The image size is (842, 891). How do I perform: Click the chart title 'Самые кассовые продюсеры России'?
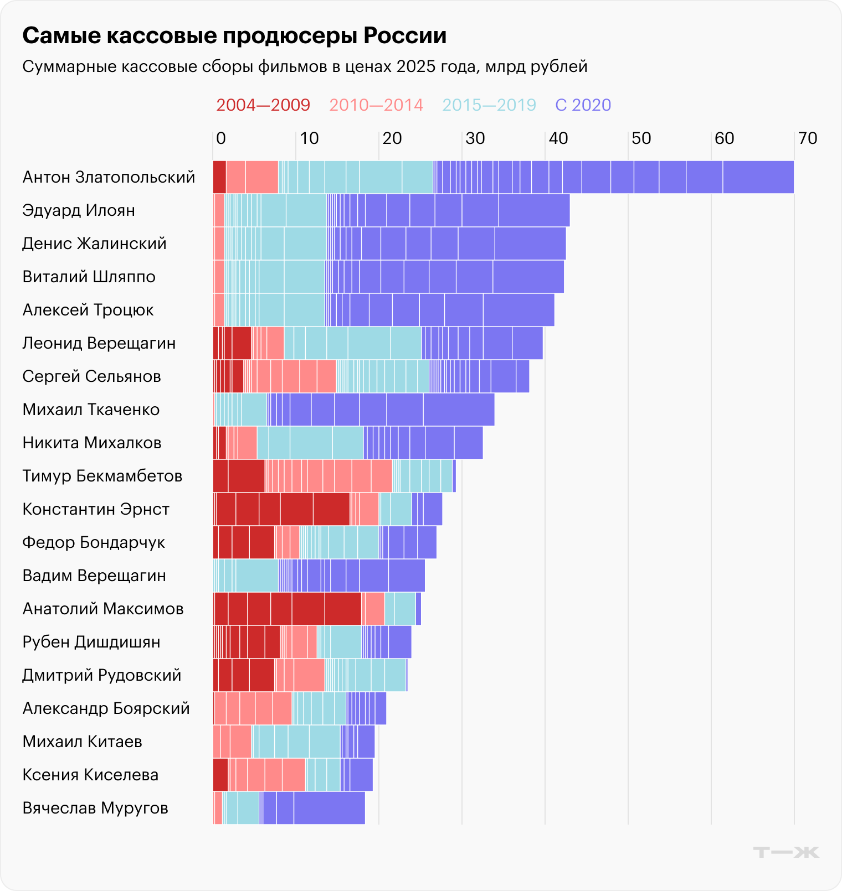[234, 36]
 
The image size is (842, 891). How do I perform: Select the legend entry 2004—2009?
[263, 105]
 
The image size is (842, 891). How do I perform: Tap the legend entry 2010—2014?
[376, 105]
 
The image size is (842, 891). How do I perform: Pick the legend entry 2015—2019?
[489, 105]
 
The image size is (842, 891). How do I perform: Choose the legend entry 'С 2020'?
[583, 105]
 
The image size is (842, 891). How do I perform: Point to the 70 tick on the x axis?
[808, 138]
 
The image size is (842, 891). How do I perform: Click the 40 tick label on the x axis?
[558, 138]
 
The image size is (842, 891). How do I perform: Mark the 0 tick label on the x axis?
[220, 138]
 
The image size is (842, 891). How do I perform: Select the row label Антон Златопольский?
[109, 177]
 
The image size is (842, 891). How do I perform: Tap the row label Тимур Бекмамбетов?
[102, 476]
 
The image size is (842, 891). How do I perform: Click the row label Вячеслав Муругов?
[95, 808]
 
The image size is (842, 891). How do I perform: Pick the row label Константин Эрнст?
[96, 509]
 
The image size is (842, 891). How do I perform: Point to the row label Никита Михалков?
[92, 443]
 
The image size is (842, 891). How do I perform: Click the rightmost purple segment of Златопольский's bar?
[758, 177]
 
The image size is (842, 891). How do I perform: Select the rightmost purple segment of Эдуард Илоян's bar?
[534, 210]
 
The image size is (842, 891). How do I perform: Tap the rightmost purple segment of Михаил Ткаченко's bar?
[459, 410]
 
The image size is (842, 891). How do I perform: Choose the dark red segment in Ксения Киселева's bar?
[220, 775]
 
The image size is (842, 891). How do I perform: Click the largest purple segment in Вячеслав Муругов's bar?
[329, 808]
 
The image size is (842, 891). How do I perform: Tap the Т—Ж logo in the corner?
[786, 852]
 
